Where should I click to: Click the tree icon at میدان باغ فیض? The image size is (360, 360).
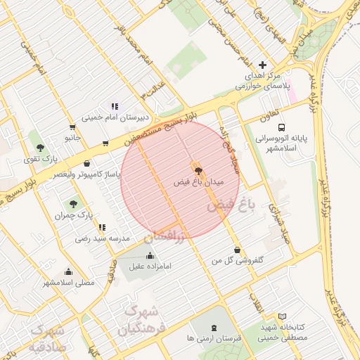(x=198, y=170)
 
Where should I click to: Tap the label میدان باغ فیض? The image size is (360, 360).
(x=198, y=181)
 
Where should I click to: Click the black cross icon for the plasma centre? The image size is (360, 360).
(x=263, y=65)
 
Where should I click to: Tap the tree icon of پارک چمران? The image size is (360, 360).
(x=73, y=204)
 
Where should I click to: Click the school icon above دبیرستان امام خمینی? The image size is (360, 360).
(x=122, y=107)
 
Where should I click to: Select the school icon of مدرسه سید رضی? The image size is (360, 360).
(x=103, y=228)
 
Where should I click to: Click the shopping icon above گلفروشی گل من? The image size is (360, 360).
(x=237, y=250)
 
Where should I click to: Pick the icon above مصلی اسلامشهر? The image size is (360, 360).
(x=68, y=272)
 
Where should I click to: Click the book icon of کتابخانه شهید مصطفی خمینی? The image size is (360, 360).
(x=282, y=317)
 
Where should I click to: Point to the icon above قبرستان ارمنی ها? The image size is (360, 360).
(x=214, y=328)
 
